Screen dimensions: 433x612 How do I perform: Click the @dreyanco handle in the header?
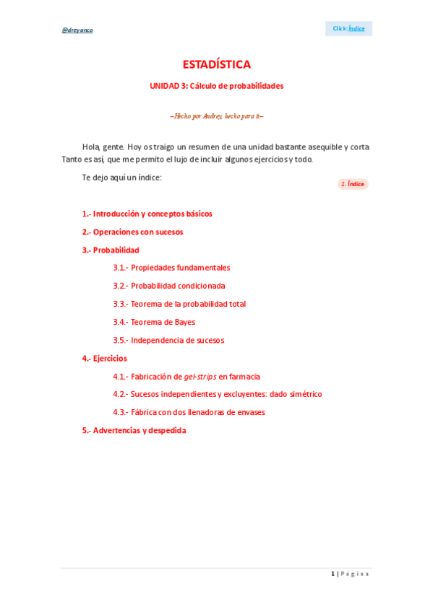pos(77,30)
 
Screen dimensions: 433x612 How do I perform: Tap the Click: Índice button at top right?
pos(348,28)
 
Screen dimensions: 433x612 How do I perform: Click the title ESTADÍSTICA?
pos(216,64)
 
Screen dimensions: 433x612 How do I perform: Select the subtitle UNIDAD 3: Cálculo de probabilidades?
pos(216,86)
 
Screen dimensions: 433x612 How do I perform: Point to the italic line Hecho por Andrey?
pos(216,115)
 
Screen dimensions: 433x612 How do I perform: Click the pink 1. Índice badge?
pos(353,184)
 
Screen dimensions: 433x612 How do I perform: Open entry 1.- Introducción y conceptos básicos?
pos(147,214)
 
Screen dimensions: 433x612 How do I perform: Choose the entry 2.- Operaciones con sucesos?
pos(132,232)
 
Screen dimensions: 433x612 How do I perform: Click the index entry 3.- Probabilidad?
pos(110,250)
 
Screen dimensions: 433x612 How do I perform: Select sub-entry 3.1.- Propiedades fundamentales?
pos(171,267)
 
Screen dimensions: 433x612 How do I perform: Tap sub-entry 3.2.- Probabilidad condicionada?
pos(168,286)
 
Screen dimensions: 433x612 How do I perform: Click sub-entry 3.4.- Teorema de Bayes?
pos(154,322)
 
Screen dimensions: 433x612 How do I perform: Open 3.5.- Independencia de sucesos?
pos(168,340)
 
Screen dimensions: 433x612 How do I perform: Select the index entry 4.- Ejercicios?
pos(104,358)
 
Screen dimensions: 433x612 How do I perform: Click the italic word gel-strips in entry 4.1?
pos(200,376)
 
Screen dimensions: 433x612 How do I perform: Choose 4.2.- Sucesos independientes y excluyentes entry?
pos(217,394)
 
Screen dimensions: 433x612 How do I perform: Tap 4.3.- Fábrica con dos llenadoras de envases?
pos(189,412)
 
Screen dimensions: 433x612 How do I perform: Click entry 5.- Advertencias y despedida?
pos(134,430)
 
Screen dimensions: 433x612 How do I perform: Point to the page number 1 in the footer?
pos(333,574)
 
